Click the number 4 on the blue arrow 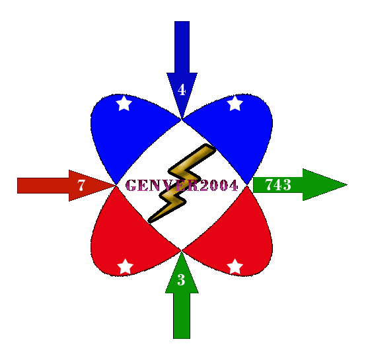182,90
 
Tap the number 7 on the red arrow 81,186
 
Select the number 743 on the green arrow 278,184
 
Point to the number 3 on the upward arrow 181,279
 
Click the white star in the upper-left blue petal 124,103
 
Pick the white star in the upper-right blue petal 235,103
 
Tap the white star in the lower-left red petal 125,266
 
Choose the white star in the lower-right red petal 235,266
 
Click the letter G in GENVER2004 131,186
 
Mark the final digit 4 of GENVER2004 233,186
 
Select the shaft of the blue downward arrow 182,47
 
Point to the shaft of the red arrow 43,186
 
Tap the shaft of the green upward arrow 182,316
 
